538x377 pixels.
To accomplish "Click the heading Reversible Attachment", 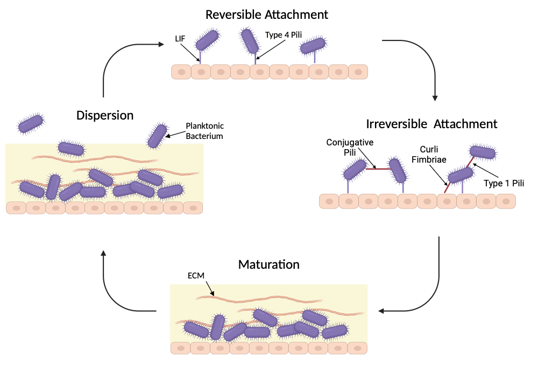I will [267, 15].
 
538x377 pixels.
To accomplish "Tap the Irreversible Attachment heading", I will [431, 123].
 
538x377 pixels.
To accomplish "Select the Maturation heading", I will [268, 264].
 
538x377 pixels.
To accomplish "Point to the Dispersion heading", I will [105, 115].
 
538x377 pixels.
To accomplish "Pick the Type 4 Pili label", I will [284, 35].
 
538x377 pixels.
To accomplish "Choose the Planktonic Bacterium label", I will [204, 131].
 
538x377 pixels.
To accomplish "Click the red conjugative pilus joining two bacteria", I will [378, 169].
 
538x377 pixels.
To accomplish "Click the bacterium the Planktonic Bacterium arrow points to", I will [157, 136].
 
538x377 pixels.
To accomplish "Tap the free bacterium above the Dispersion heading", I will [31, 123].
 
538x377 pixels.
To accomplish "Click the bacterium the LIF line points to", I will [207, 40].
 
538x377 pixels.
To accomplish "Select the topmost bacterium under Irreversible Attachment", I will [482, 152].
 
